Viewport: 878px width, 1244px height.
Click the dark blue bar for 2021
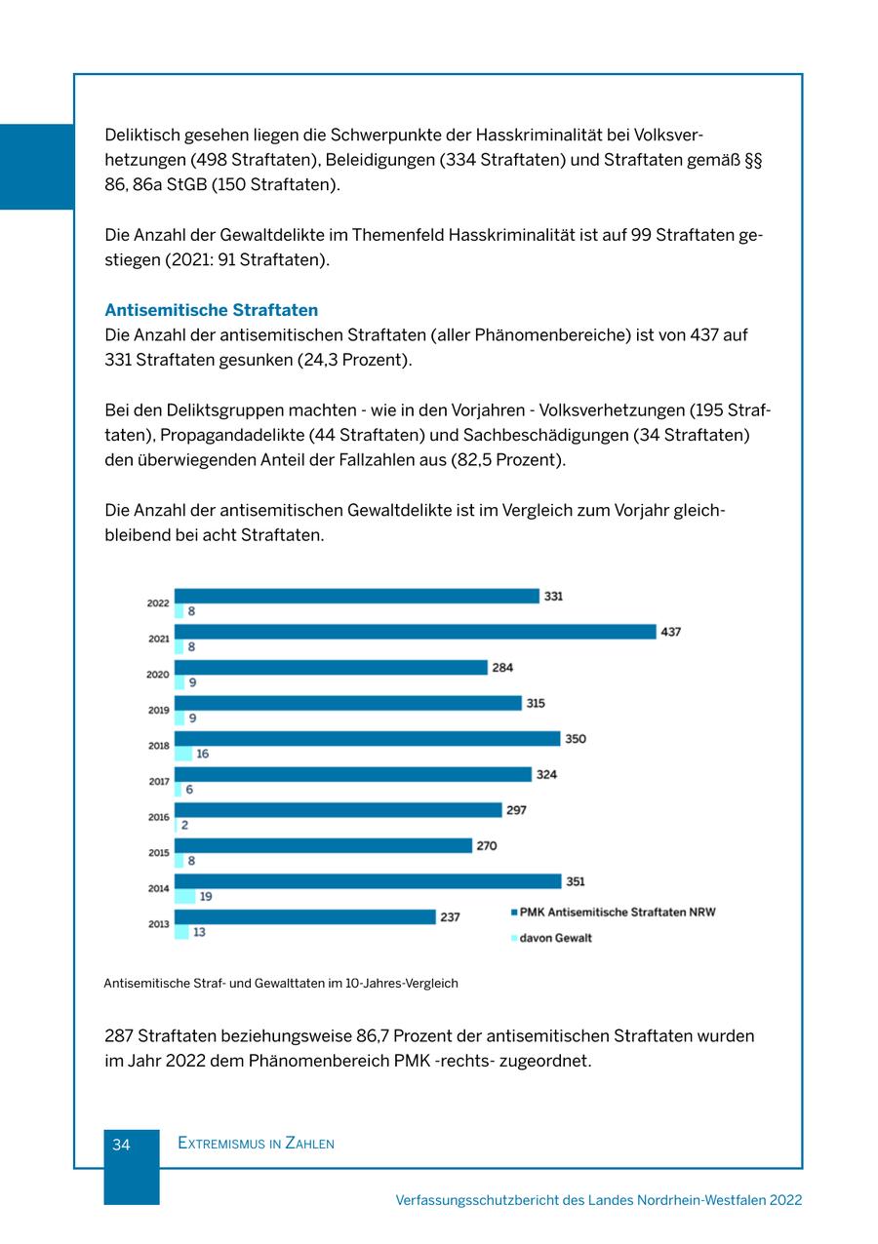pos(415,632)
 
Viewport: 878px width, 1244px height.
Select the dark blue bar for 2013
pos(304,916)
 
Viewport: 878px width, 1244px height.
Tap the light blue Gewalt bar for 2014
pos(184,897)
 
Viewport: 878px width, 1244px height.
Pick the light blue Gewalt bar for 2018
pos(183,754)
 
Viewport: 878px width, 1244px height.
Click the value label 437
pos(671,632)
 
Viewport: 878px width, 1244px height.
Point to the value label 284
pos(502,668)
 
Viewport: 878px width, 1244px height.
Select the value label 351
pos(576,881)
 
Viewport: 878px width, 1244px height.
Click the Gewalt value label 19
pos(206,897)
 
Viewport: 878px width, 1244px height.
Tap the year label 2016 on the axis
pos(158,817)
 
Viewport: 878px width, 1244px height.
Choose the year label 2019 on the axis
pos(158,711)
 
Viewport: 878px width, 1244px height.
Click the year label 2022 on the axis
pos(158,603)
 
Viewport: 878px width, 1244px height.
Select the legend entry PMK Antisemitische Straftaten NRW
pos(617,913)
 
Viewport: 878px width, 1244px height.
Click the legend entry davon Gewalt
pos(555,938)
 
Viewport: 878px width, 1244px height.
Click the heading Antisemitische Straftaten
pos(211,310)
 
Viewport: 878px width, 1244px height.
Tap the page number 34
pos(121,1145)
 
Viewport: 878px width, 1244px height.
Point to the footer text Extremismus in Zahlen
pos(256,1144)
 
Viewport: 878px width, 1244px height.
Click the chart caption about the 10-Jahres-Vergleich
pos(281,983)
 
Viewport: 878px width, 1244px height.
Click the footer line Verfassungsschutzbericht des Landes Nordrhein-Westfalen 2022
pos(599,1200)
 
